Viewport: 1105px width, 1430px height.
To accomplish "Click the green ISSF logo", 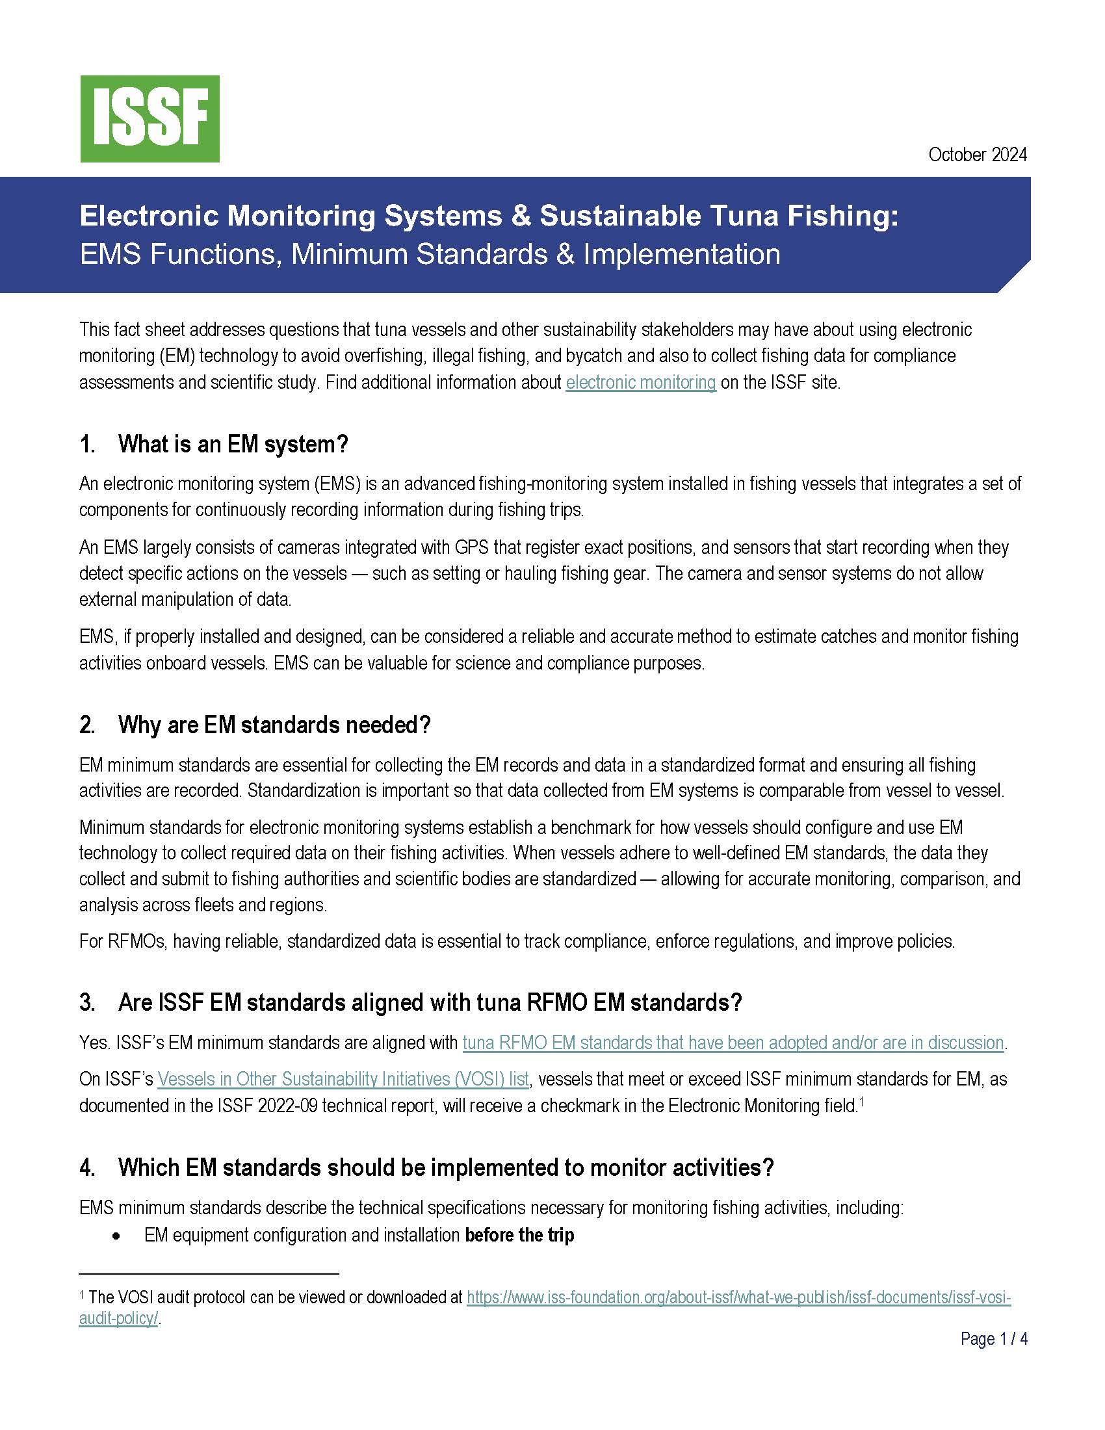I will [150, 118].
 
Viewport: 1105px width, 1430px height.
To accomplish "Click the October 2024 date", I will [978, 155].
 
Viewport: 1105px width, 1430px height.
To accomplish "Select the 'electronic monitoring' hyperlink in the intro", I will [641, 382].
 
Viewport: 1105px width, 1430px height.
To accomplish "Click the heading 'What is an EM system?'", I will [233, 445].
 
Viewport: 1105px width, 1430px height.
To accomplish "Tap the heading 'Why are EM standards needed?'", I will [274, 725].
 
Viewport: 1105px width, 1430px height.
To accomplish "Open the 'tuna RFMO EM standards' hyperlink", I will [733, 1042].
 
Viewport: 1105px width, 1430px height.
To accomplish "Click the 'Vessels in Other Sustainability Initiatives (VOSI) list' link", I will [343, 1078].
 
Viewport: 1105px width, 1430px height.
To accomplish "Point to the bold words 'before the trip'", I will [519, 1236].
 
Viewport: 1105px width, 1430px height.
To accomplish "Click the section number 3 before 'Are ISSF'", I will [86, 1002].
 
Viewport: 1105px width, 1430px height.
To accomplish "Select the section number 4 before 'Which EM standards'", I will [86, 1167].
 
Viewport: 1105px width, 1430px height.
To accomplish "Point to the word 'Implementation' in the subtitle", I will [681, 254].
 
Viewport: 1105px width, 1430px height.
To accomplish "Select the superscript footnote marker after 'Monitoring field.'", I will [861, 1100].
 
